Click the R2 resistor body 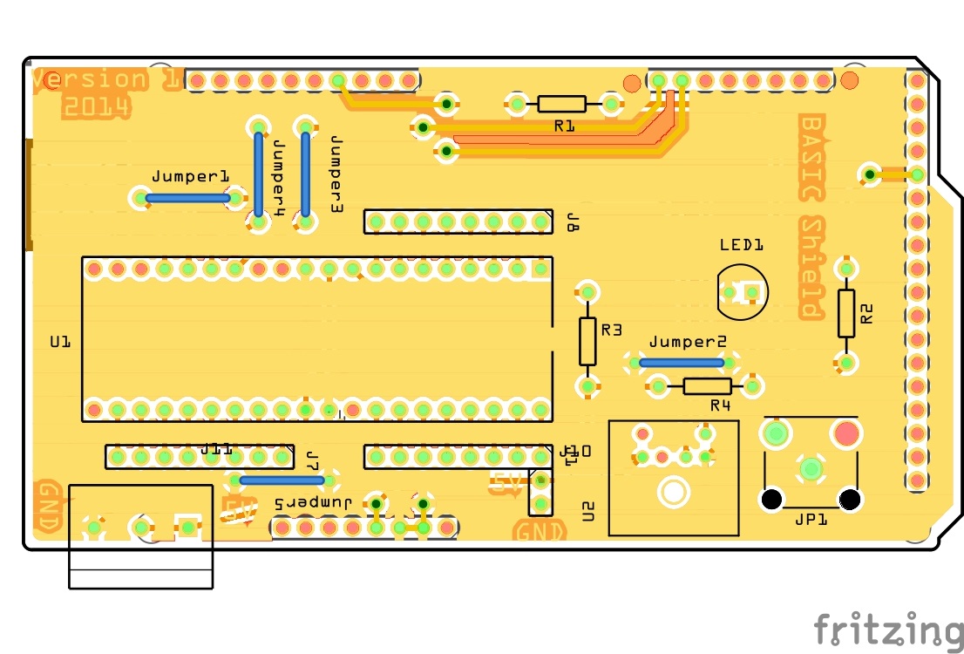pos(846,313)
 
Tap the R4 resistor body pos(707,385)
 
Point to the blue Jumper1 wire pos(187,198)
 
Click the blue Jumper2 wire pos(682,362)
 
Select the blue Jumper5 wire pos(282,480)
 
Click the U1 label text pos(59,343)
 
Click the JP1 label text pos(811,520)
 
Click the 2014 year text pos(96,107)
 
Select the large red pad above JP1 pos(845,433)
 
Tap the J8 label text pos(573,221)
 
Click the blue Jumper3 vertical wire pos(306,174)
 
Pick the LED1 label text pos(742,245)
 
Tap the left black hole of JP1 pos(771,500)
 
